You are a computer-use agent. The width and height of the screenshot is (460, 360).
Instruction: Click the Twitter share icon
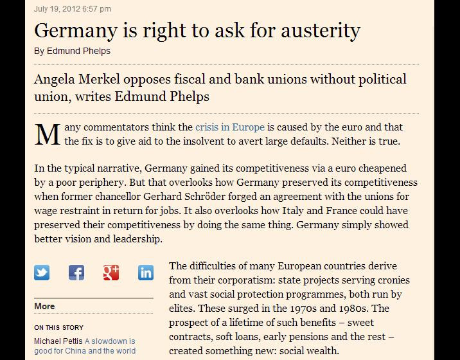pos(42,273)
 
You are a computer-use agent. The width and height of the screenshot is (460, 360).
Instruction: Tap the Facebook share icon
pos(76,273)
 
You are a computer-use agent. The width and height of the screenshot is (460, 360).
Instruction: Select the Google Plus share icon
pos(111,273)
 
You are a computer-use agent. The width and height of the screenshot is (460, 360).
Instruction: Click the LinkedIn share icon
pos(146,273)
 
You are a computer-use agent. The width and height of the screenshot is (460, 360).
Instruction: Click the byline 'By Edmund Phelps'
pos(72,51)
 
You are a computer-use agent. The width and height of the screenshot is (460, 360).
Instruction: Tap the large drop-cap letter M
pos(47,134)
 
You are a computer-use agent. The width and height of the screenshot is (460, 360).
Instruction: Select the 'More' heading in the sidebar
pos(44,306)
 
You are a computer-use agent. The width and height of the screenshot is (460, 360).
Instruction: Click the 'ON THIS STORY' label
pos(58,328)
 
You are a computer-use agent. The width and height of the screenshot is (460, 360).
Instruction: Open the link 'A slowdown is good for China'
pos(109,346)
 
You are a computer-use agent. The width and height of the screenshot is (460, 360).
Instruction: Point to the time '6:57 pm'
pos(96,9)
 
